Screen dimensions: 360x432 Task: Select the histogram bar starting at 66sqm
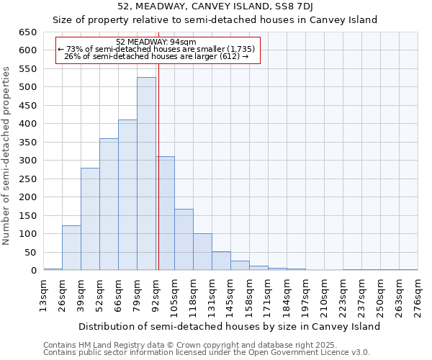[x=127, y=195]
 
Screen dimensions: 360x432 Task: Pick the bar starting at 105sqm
[x=184, y=240]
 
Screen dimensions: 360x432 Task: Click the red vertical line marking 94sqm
[x=158, y=180]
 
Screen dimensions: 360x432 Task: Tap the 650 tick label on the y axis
[x=28, y=32]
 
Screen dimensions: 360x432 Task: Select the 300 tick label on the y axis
[x=28, y=161]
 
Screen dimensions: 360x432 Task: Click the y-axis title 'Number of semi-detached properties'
[x=7, y=156]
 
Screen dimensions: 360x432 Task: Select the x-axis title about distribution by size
[x=229, y=326]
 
